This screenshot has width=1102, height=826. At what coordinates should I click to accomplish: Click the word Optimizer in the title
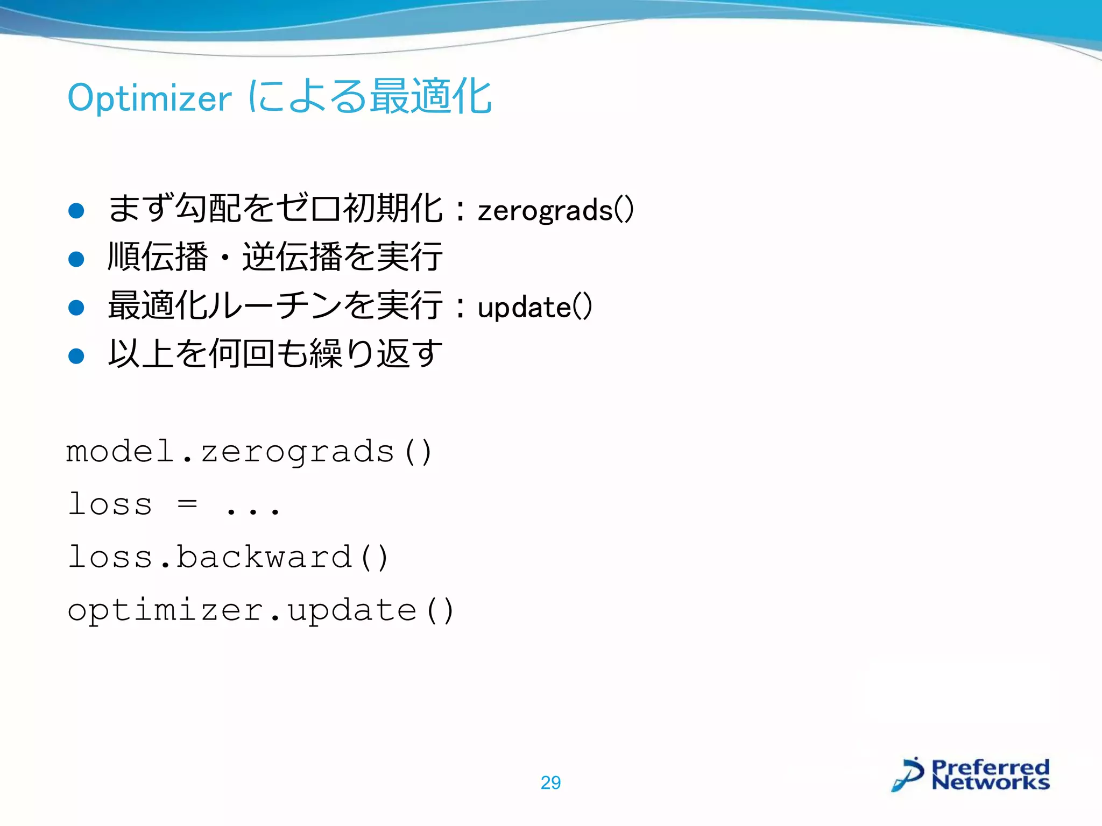(x=150, y=98)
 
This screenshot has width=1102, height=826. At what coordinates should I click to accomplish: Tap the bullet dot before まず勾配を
(x=76, y=210)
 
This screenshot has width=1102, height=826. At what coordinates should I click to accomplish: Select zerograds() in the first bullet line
(x=555, y=210)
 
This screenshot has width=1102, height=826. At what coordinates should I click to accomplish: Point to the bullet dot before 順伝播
(x=76, y=259)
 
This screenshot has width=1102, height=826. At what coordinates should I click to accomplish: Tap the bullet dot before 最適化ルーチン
(x=76, y=308)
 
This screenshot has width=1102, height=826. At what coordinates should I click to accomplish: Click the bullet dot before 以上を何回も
(x=76, y=355)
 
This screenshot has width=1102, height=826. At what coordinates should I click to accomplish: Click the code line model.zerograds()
(x=249, y=452)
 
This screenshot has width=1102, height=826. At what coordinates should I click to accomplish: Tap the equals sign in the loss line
(x=187, y=504)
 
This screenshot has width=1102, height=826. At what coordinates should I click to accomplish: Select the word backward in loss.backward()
(x=264, y=557)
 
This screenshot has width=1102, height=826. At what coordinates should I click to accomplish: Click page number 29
(x=550, y=782)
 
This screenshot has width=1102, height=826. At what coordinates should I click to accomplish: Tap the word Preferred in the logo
(x=990, y=766)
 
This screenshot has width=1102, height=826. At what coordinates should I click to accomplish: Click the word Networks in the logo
(x=990, y=782)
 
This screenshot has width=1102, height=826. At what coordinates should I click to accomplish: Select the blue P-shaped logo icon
(x=908, y=774)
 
